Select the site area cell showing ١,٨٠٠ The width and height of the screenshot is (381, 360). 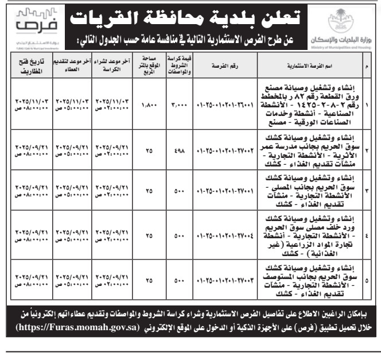[147, 106]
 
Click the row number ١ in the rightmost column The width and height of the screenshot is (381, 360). [367, 106]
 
